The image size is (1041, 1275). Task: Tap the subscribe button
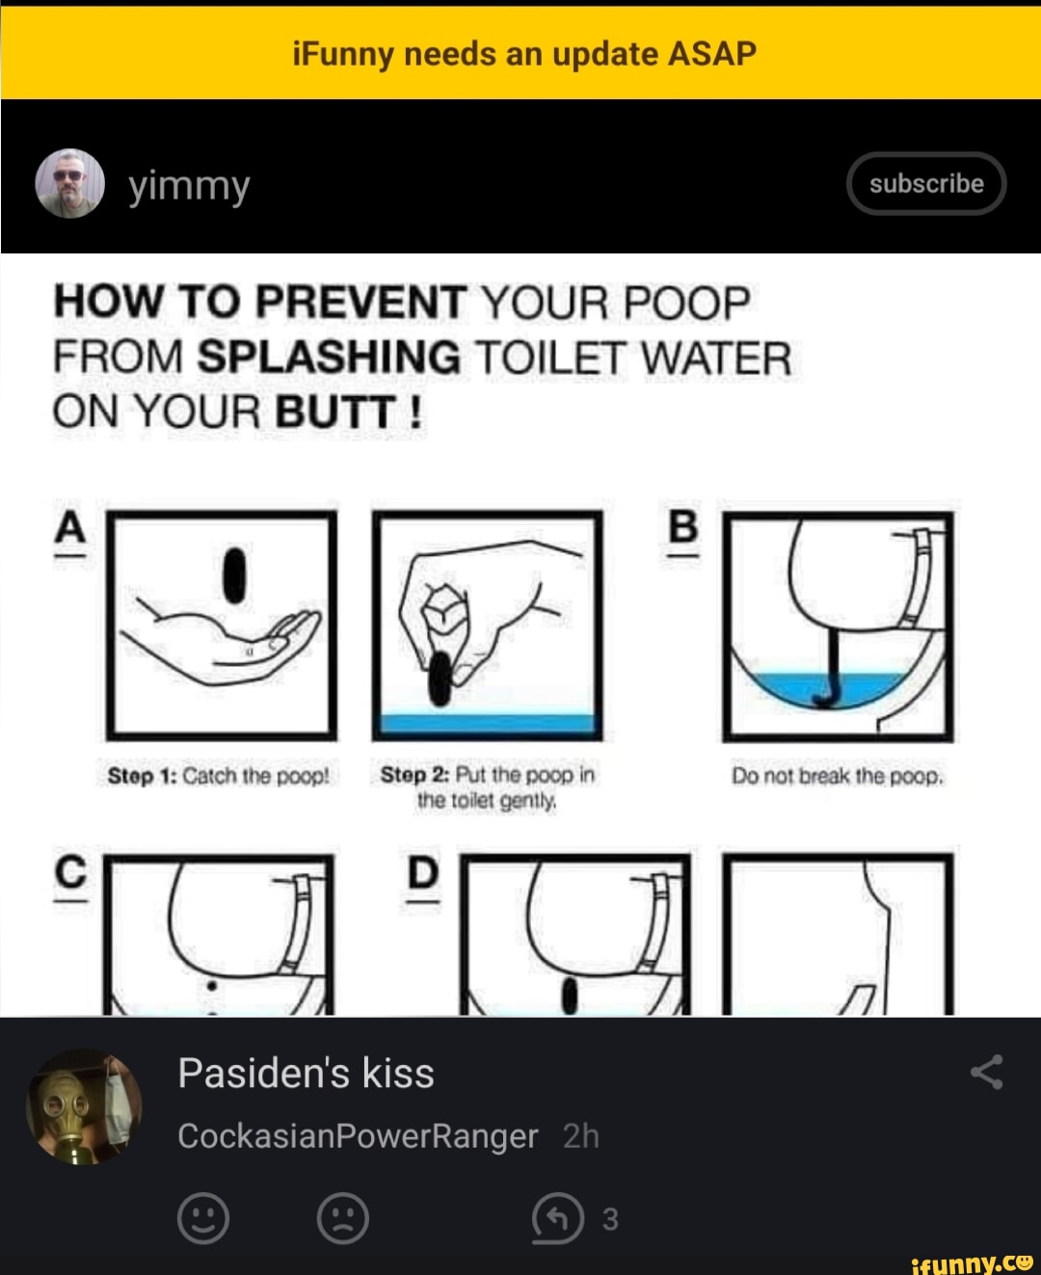point(925,183)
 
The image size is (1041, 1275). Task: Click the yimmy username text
point(189,185)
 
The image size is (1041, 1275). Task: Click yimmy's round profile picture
point(69,183)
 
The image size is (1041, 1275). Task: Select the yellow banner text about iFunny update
point(523,54)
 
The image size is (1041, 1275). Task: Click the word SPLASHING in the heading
point(329,358)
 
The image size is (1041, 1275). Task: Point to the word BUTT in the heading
point(334,412)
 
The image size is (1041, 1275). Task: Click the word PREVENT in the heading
point(360,303)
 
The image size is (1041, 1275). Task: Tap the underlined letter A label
point(69,530)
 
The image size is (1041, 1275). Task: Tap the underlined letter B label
point(682,529)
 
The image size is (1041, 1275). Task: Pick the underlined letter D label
point(422,875)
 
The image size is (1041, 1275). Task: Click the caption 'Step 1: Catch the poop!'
point(218,776)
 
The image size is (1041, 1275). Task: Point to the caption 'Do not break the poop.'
point(837,776)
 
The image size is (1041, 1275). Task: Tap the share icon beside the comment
point(986,1072)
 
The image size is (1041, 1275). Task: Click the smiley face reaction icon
point(203,1218)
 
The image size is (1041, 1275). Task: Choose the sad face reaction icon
point(343,1218)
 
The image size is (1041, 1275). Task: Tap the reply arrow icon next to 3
point(558,1218)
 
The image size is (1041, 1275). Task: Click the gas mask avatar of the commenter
point(84,1106)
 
